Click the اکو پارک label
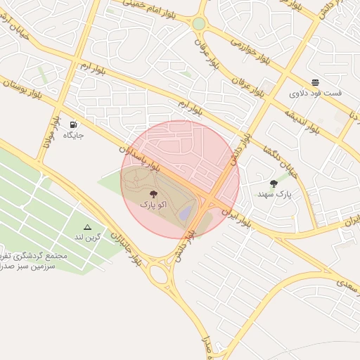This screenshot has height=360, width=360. (154, 204)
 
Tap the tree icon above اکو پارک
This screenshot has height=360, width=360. (154, 192)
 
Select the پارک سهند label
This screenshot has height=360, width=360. (274, 193)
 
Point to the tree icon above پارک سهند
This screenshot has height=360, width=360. (274, 183)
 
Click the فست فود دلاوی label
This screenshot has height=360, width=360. (315, 92)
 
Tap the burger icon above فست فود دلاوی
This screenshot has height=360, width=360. (314, 82)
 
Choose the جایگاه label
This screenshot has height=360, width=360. (73, 134)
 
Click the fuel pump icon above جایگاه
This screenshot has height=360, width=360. (73, 124)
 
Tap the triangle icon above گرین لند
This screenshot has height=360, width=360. (87, 227)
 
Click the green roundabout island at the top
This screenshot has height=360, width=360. (199, 24)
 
